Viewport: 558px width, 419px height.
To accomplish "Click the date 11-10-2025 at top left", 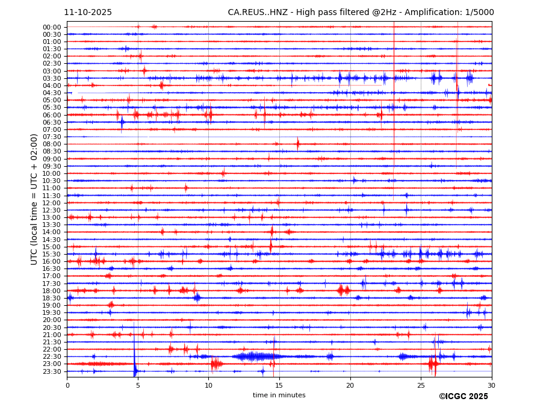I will point(88,12).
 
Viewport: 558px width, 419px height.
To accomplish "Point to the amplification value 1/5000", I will point(478,12).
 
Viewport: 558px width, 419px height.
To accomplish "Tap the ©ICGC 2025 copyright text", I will point(463,396).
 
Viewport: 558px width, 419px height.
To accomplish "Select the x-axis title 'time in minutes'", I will point(279,395).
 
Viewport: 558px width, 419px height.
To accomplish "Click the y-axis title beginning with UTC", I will point(34,199).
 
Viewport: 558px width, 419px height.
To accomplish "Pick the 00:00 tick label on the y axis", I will point(52,27).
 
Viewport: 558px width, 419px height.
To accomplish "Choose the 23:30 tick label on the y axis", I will point(52,371).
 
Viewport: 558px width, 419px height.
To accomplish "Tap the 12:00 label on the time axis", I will point(52,203).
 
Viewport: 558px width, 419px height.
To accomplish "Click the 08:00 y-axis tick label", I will point(52,144).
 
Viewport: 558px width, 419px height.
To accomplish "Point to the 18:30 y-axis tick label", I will point(52,298).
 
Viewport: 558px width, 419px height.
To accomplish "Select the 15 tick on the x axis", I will point(279,385).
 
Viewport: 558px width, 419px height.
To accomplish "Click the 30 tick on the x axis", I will point(491,385).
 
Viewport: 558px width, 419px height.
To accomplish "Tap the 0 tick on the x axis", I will point(67,385).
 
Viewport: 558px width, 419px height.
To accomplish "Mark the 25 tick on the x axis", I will point(421,385).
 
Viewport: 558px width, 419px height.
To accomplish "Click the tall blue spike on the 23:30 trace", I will point(134,364).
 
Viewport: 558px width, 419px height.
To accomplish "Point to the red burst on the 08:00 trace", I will point(297,144).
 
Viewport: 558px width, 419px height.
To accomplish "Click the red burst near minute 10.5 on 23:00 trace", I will point(216,364).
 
